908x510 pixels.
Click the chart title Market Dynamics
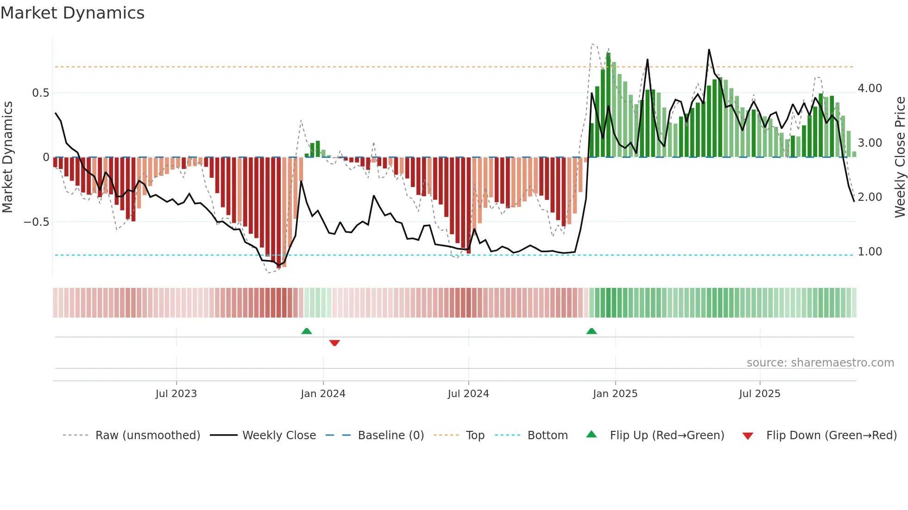pyautogui.click(x=73, y=13)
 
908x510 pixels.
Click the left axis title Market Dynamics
pyautogui.click(x=7, y=157)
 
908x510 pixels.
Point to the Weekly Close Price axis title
pyautogui.click(x=900, y=157)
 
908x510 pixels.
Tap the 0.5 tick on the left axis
pyautogui.click(x=41, y=93)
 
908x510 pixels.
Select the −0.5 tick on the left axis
pyautogui.click(x=37, y=222)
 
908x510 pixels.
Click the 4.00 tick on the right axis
pyautogui.click(x=870, y=88)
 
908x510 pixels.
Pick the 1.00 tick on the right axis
pyautogui.click(x=870, y=252)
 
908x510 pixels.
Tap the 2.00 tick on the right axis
pyautogui.click(x=870, y=197)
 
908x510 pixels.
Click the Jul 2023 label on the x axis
pyautogui.click(x=176, y=394)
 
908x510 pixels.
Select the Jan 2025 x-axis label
pyautogui.click(x=615, y=394)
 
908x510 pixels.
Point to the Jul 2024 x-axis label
pyautogui.click(x=468, y=394)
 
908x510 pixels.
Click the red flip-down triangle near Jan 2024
pyautogui.click(x=334, y=343)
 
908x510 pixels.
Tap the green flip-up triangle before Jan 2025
pyautogui.click(x=592, y=331)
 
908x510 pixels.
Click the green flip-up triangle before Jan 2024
pyautogui.click(x=307, y=331)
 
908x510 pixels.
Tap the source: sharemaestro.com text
pyautogui.click(x=820, y=363)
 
